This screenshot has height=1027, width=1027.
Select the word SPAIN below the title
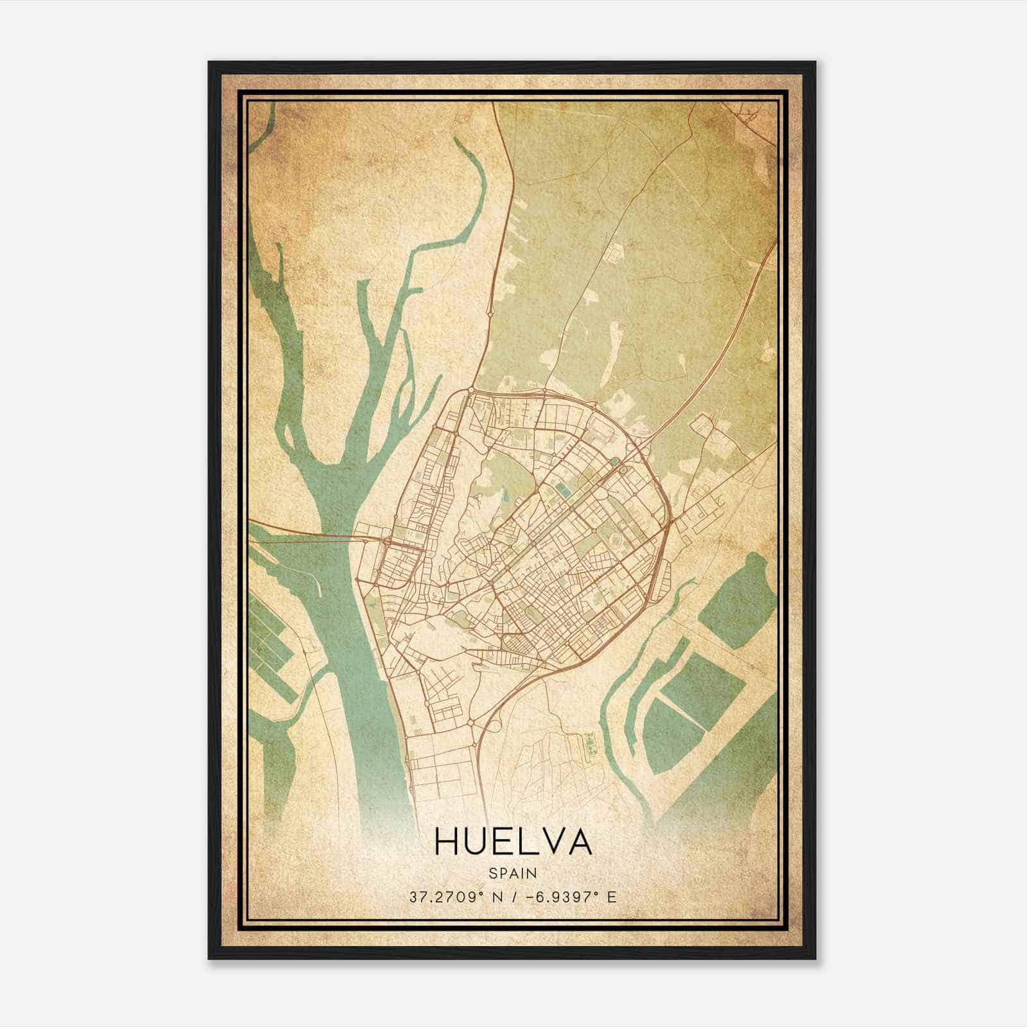513,873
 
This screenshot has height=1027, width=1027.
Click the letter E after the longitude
611,897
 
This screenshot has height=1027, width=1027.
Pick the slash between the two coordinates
513,897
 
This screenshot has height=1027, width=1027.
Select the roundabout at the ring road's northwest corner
471,390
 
